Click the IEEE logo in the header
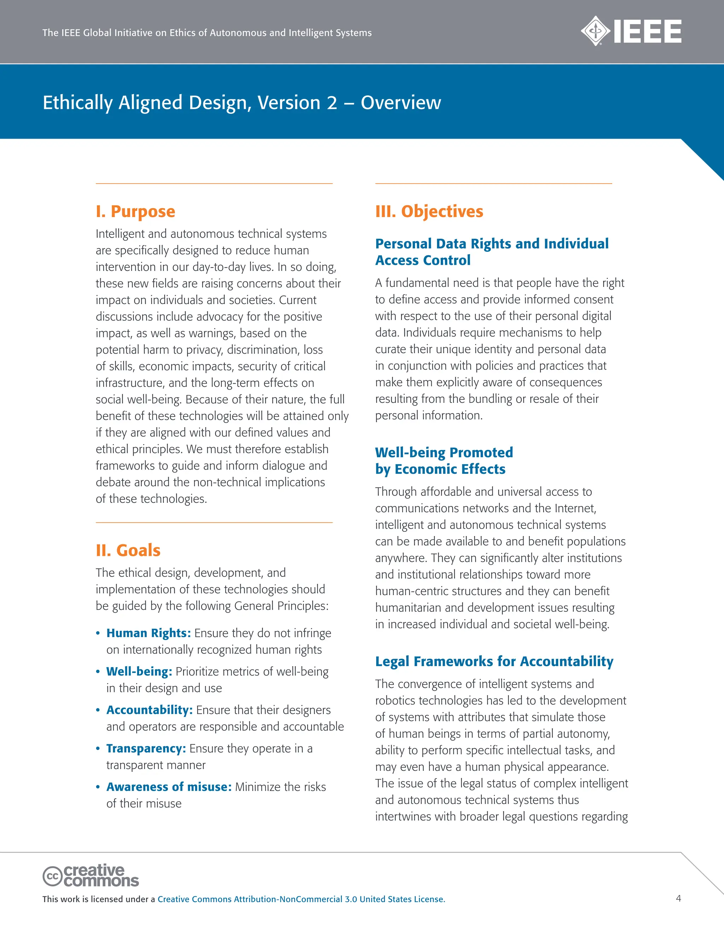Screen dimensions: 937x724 [631, 31]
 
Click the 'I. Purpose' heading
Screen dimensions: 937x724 [135, 211]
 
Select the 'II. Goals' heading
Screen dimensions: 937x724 [128, 551]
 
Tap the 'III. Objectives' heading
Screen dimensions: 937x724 [429, 211]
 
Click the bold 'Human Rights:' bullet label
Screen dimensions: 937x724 [148, 633]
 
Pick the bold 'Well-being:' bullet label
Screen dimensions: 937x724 [139, 671]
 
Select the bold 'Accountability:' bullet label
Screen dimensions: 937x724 [149, 710]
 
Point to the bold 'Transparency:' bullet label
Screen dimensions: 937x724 [146, 749]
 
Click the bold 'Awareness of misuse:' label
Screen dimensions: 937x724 [169, 787]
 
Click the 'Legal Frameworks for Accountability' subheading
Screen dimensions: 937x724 [494, 662]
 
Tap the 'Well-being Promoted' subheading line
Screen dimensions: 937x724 [444, 453]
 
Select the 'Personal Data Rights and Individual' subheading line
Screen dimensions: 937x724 [491, 244]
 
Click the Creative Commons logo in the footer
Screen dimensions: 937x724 [90, 875]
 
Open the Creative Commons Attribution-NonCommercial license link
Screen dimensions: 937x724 [301, 899]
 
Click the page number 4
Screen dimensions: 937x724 [678, 898]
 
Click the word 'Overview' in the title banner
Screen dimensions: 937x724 [401, 103]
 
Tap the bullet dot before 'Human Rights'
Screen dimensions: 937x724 [98, 634]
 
